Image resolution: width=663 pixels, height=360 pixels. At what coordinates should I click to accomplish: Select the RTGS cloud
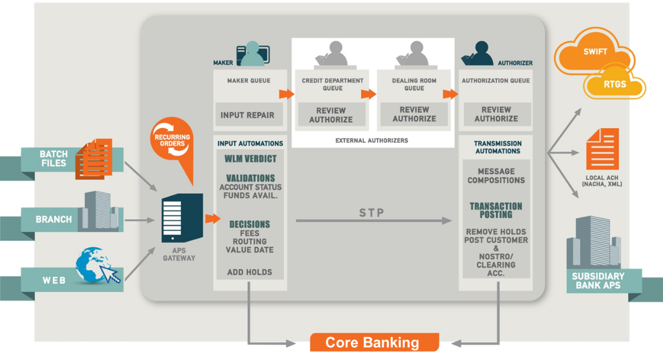[x=615, y=84]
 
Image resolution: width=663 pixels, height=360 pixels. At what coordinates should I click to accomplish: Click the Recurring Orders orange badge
[x=172, y=140]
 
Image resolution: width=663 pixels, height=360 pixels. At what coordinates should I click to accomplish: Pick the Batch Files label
[x=53, y=159]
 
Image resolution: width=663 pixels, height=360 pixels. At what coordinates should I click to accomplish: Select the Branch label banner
[x=53, y=219]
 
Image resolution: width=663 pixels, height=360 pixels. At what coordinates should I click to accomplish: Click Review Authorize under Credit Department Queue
[x=331, y=115]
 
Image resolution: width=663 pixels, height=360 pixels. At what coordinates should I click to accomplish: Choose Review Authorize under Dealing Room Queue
[x=414, y=114]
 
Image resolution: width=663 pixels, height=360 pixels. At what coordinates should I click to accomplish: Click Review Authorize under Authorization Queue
[x=496, y=114]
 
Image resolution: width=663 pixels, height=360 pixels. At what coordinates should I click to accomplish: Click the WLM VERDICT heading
[x=250, y=159]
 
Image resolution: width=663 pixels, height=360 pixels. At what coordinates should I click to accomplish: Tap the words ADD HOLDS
[x=250, y=272]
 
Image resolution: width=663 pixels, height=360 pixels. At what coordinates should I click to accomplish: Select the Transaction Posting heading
[x=496, y=210]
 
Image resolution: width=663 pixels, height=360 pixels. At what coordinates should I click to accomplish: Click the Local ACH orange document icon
[x=601, y=149]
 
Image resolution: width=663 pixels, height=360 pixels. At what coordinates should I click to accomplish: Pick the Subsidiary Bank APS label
[x=598, y=281]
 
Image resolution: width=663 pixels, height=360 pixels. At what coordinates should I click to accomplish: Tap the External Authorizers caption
[x=372, y=141]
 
